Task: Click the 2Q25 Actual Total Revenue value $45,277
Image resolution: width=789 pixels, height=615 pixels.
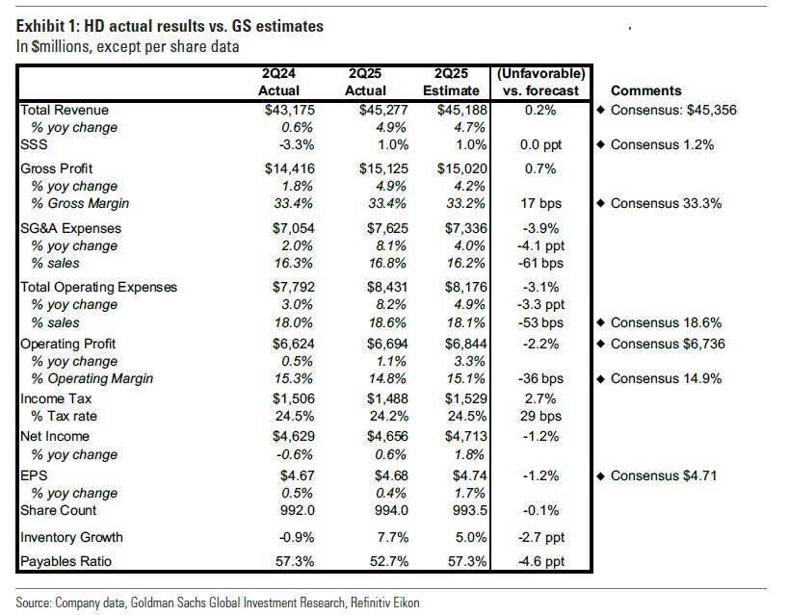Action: pos(383,110)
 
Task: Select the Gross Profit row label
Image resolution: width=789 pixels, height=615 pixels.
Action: pos(56,168)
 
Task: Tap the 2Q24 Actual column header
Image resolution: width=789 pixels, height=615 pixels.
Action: pos(278,82)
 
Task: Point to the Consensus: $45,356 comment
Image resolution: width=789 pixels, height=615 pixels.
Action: pos(673,110)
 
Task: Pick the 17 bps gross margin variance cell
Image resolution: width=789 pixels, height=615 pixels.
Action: pos(540,203)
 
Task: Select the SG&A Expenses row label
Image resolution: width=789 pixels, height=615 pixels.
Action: pos(70,228)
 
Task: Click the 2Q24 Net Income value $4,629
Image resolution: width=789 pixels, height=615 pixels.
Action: pos(294,436)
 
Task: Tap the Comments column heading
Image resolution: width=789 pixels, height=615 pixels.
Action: pos(646,90)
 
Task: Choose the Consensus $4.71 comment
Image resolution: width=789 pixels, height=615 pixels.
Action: pos(663,475)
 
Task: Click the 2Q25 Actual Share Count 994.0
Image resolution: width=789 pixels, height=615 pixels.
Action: pos(391,510)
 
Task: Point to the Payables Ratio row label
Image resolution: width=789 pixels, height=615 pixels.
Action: pos(66,561)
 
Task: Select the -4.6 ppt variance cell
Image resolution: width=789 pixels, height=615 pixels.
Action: pos(540,561)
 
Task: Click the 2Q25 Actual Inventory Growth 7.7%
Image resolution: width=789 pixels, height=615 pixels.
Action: pos(393,537)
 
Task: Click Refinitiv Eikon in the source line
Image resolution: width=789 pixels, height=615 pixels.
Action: pos(385,602)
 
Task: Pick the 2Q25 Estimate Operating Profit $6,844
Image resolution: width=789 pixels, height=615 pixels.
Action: pos(466,344)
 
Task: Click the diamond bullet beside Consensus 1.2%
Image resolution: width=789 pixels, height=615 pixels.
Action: pos(600,144)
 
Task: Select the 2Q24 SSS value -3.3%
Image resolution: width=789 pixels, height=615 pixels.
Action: pos(297,144)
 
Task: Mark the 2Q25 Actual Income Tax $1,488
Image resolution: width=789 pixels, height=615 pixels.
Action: pos(387,398)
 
